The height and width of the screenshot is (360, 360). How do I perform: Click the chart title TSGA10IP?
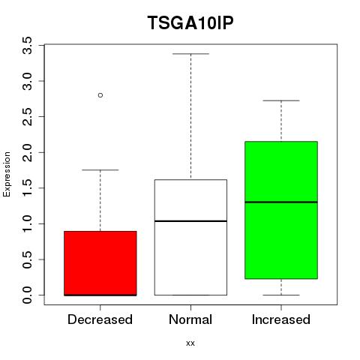point(190,22)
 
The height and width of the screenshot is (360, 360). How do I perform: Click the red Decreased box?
point(100,263)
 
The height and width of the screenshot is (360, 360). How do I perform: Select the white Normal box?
point(190,237)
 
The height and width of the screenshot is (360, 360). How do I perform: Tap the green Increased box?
point(281,210)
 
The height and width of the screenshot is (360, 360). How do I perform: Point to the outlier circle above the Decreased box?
point(100,95)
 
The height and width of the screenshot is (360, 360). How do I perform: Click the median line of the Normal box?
point(190,221)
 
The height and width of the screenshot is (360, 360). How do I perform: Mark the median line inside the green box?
point(281,202)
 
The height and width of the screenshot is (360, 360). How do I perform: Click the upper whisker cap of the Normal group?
point(190,54)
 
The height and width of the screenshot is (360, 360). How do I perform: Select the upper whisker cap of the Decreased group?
point(100,170)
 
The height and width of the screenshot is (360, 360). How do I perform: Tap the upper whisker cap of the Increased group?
point(281,100)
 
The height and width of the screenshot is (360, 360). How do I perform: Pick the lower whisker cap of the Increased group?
point(281,295)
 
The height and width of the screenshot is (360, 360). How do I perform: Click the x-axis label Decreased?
point(100,319)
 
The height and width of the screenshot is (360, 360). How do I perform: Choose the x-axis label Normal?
point(190,319)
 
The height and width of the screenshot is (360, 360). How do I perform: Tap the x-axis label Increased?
point(281,319)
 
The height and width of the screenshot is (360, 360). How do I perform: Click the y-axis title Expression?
point(7,174)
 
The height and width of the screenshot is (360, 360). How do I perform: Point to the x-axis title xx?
point(190,343)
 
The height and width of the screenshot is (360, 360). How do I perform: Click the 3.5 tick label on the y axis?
point(27,45)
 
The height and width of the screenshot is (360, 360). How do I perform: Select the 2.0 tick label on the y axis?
point(27,152)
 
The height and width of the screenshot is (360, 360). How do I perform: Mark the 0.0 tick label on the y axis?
point(27,295)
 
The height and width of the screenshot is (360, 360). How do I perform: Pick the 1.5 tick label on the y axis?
point(27,188)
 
